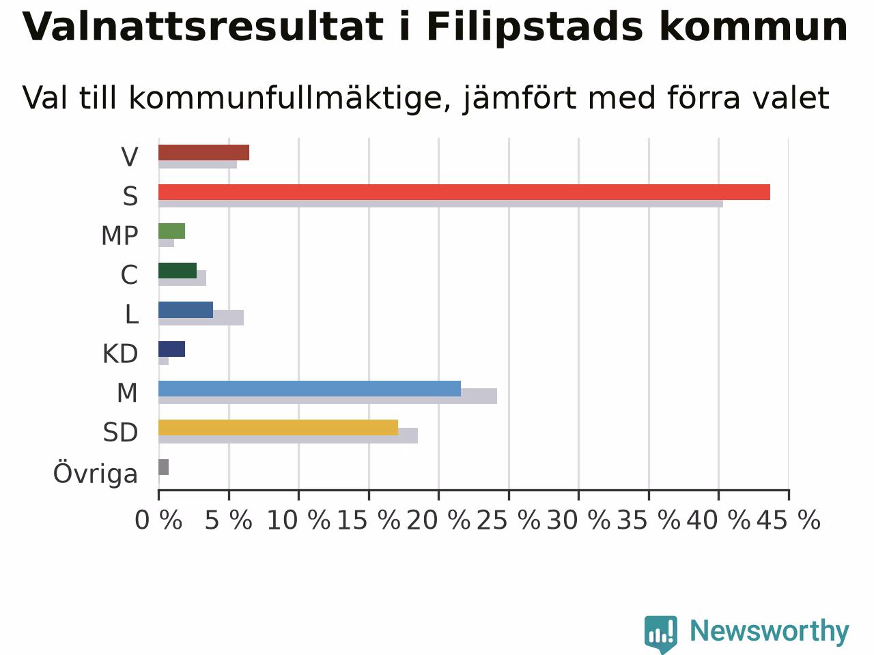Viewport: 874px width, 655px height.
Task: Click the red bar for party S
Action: coord(464,192)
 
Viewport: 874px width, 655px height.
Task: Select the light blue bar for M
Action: coord(309,388)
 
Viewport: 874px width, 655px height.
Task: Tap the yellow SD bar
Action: coord(278,428)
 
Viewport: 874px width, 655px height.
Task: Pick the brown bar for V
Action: coord(203,153)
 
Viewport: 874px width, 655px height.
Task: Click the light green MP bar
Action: coord(171,231)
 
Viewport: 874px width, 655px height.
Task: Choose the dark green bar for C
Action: coord(177,270)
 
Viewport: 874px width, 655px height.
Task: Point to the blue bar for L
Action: coord(186,310)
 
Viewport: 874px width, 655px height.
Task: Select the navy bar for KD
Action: coord(171,349)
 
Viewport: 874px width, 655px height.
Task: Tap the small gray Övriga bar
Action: coord(163,467)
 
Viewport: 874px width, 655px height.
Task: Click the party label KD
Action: coord(120,353)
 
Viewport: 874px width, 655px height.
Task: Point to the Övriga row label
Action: coord(96,474)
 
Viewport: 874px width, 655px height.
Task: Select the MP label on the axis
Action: coord(119,235)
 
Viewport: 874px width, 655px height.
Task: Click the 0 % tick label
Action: coord(158,520)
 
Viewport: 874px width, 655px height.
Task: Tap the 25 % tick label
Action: coord(509,520)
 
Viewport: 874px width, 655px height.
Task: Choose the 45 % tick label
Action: coord(789,520)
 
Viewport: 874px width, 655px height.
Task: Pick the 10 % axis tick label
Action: coord(298,520)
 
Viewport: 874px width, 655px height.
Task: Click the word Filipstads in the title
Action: coord(535,28)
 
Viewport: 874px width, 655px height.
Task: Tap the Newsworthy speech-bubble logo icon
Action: coord(661,634)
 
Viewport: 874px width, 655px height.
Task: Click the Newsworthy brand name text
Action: coord(770,632)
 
